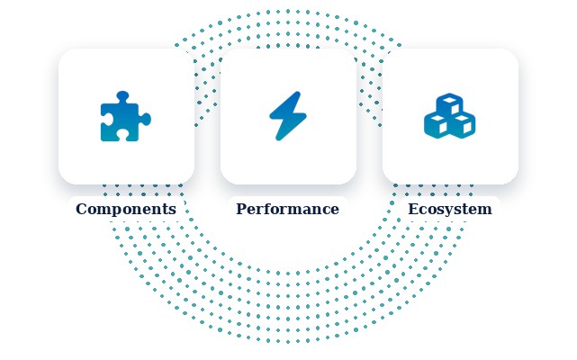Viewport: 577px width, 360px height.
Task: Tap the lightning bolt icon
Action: (288, 116)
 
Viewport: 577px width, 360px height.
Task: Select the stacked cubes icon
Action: (450, 115)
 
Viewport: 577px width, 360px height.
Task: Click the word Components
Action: (126, 209)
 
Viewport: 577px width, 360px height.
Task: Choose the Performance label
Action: (287, 209)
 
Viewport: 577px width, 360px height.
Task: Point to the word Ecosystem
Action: (450, 210)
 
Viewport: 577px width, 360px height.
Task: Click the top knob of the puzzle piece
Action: (123, 96)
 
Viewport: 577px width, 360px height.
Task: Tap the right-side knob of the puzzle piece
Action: (146, 120)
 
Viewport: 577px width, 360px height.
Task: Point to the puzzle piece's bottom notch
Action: (123, 136)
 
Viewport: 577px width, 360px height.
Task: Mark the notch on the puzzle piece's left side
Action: (105, 120)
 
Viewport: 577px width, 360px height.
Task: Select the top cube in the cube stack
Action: (450, 103)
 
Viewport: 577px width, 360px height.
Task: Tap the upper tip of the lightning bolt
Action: (299, 93)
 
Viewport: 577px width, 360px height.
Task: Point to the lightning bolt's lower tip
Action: (277, 139)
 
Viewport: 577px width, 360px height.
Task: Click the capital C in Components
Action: (81, 209)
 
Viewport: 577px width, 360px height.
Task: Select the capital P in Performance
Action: (241, 209)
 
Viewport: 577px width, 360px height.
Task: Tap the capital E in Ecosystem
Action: (413, 209)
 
